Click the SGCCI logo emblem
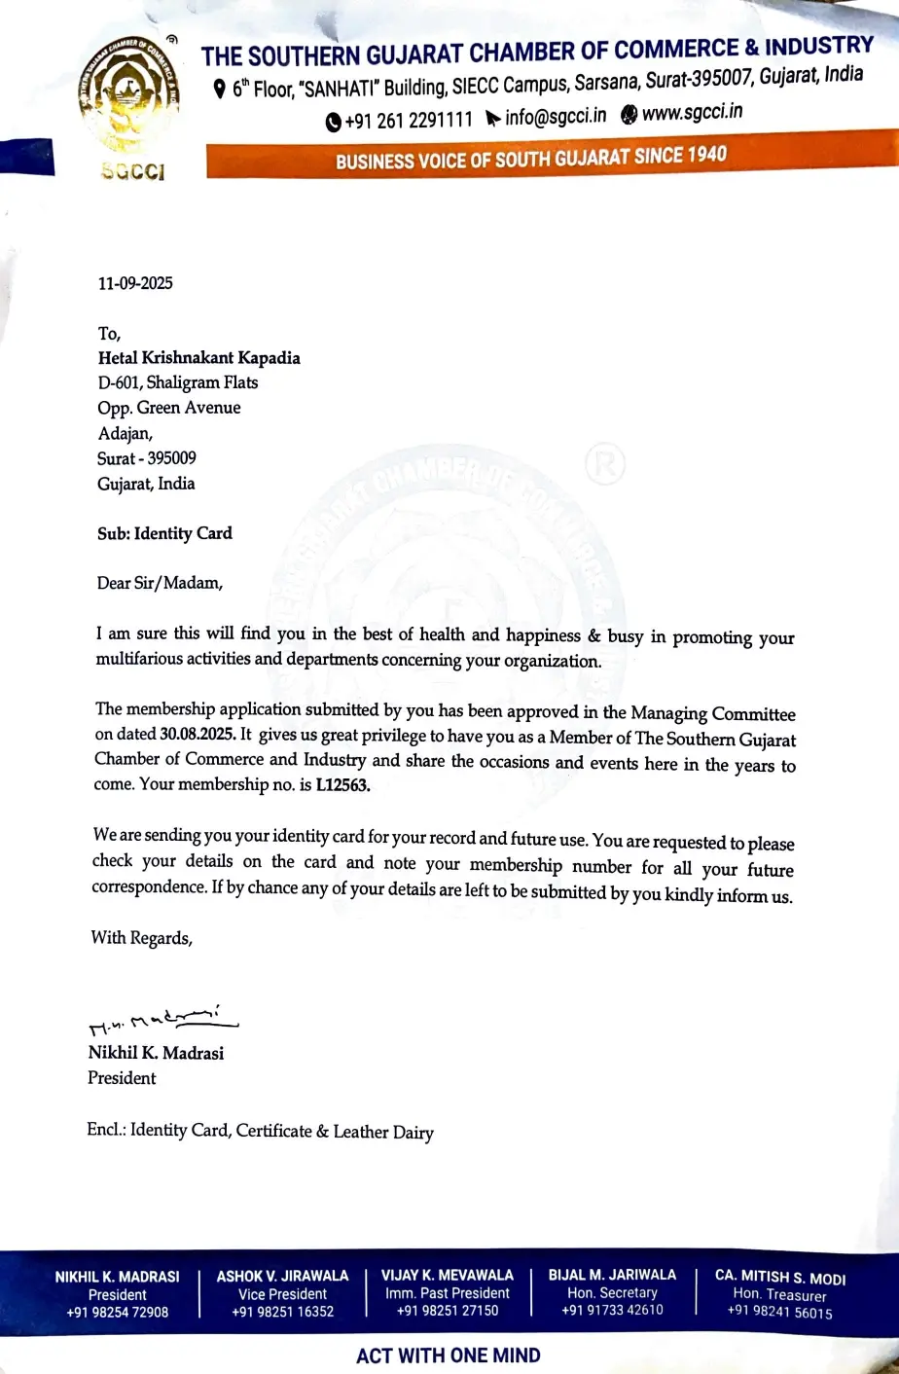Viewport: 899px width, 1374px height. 130,95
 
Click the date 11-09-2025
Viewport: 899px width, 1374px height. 135,283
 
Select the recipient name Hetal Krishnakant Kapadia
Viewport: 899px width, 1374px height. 198,358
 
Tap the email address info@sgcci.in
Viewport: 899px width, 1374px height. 555,117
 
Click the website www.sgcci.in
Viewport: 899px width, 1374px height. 692,113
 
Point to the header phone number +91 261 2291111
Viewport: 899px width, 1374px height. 408,121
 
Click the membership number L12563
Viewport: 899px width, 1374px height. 342,785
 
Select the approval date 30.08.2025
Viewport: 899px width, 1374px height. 198,735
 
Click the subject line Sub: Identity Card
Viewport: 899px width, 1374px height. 164,533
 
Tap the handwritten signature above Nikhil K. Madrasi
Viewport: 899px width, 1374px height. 162,1020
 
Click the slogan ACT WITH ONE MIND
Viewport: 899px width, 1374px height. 449,1356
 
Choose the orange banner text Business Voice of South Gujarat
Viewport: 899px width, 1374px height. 531,159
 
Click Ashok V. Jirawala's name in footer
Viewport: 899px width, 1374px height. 282,1276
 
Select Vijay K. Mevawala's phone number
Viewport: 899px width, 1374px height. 448,1311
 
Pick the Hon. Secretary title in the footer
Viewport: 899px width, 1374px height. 612,1293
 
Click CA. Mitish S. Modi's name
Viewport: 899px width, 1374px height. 779,1277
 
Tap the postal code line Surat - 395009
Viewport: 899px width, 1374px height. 146,458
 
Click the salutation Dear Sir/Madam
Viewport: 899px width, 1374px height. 160,584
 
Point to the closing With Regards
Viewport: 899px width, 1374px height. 141,938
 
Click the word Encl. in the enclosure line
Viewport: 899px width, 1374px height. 105,1130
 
